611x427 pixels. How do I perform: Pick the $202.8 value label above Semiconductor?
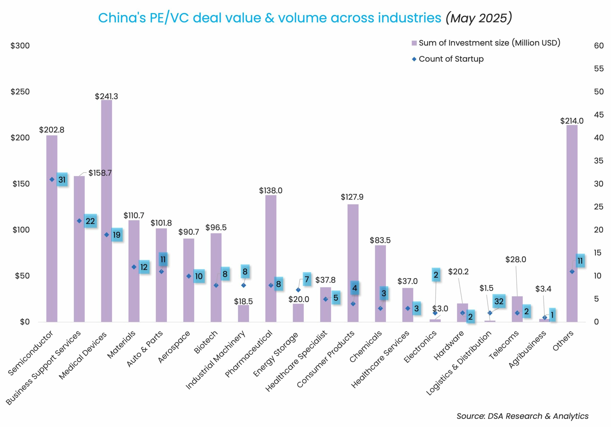point(52,130)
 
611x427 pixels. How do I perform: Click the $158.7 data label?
point(100,173)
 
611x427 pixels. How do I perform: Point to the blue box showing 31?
point(62,180)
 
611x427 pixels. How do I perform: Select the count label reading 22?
point(90,221)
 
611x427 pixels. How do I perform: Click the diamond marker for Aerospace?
point(189,276)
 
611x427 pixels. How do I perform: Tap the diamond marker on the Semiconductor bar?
point(52,180)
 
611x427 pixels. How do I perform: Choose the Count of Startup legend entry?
point(451,59)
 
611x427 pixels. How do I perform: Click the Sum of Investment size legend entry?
point(489,43)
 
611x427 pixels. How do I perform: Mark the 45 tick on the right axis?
point(599,115)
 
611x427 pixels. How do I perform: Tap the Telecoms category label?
point(503,345)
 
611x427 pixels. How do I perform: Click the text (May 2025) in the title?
point(479,18)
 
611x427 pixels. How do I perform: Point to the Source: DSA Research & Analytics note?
point(522,416)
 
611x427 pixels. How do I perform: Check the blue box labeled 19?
point(117,235)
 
